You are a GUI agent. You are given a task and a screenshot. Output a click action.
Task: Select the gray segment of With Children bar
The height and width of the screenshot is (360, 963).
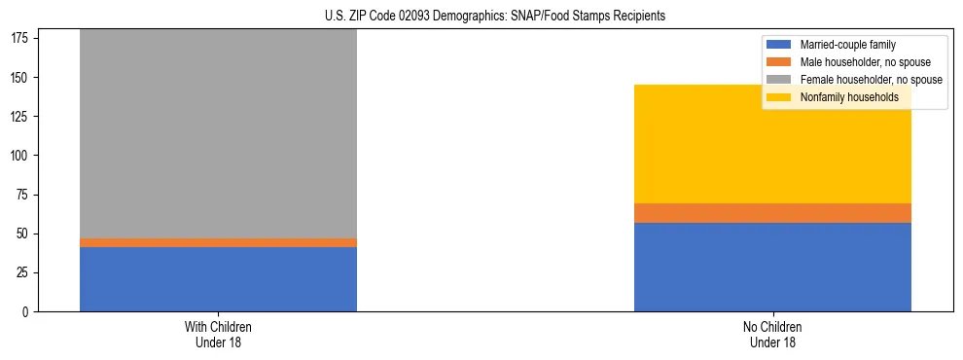218,133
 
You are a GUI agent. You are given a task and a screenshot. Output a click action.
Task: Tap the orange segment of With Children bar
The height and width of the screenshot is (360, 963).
218,242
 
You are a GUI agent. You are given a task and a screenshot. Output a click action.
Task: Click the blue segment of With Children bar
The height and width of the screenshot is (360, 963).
218,279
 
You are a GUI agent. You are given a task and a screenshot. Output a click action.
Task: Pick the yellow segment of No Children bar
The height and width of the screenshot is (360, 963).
772,144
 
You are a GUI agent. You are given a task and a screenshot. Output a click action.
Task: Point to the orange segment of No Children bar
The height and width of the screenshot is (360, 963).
772,213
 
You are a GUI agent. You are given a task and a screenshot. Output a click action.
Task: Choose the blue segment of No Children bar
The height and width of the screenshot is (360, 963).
772,268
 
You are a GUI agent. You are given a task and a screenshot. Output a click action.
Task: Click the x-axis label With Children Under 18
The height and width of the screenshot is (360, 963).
218,335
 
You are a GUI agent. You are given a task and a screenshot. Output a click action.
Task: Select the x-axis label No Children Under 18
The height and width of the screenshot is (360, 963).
772,335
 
